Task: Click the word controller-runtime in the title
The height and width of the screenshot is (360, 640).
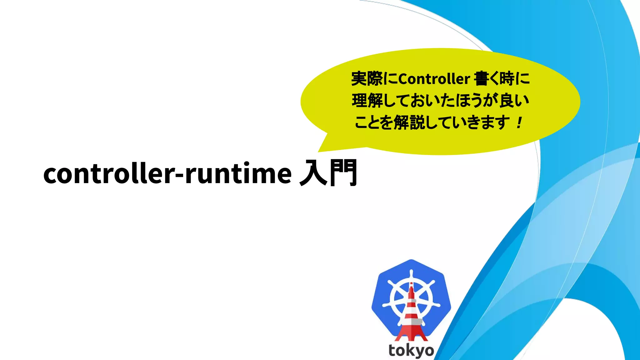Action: (x=167, y=174)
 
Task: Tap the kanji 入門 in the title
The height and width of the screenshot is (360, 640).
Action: (x=328, y=172)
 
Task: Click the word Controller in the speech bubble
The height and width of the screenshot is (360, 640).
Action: (x=434, y=79)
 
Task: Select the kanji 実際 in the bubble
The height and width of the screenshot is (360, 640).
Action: (x=367, y=78)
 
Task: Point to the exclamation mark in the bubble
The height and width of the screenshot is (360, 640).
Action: (x=519, y=123)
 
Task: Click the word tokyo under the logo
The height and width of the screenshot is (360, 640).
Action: (x=411, y=351)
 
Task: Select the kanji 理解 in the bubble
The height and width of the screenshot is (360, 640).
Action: (x=367, y=101)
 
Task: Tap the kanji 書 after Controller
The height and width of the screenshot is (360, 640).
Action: (x=481, y=79)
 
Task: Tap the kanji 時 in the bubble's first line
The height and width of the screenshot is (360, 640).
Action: (x=507, y=79)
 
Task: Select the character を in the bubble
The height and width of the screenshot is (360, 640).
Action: (x=386, y=122)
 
